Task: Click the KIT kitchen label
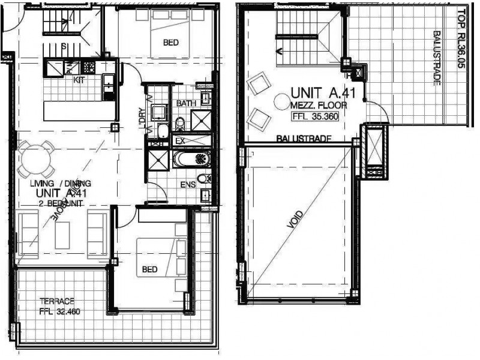click(x=79, y=80)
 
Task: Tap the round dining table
click(x=35, y=158)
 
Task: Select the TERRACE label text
click(x=57, y=301)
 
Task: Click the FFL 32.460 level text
click(x=59, y=311)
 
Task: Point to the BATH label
click(x=186, y=104)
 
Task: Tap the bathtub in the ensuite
click(x=191, y=160)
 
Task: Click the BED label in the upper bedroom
click(x=170, y=43)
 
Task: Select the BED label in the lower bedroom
click(x=149, y=269)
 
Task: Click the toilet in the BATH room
click(x=180, y=123)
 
